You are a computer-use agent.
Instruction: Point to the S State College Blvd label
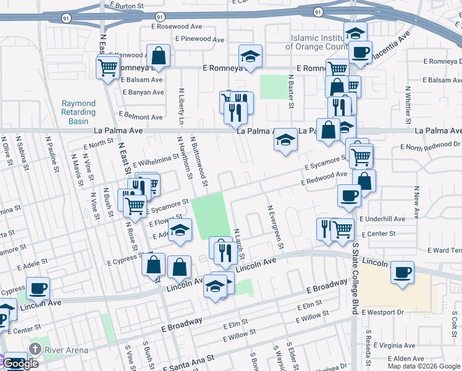coord(355,278)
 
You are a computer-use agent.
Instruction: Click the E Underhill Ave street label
coord(383,219)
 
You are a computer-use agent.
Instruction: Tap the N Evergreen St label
coord(275,227)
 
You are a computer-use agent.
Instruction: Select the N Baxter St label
coord(290,91)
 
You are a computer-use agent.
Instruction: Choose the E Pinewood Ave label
coord(199,39)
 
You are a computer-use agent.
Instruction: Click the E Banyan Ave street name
coord(143,92)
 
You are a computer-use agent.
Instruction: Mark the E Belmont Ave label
coord(141,116)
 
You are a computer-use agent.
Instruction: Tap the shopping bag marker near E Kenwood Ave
coord(159,56)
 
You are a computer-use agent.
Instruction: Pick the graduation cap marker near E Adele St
coord(180,231)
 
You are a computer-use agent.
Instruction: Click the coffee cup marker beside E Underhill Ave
coord(349,196)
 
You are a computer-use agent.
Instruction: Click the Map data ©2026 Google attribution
coord(423,366)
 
